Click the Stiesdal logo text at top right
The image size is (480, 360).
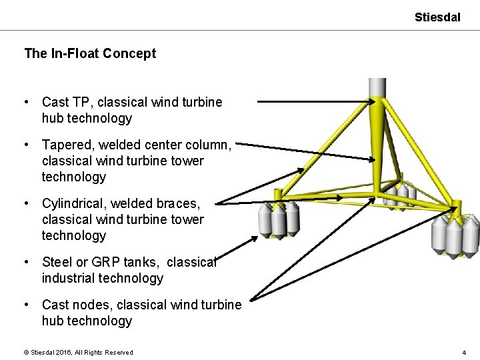437,17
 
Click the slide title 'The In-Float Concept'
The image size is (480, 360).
90,53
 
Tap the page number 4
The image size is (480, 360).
463,352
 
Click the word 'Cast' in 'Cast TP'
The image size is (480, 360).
55,102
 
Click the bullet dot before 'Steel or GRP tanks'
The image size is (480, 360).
25,262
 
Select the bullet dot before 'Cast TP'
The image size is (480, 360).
25,102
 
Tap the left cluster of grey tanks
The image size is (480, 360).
279,220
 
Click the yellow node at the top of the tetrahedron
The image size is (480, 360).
378,104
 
